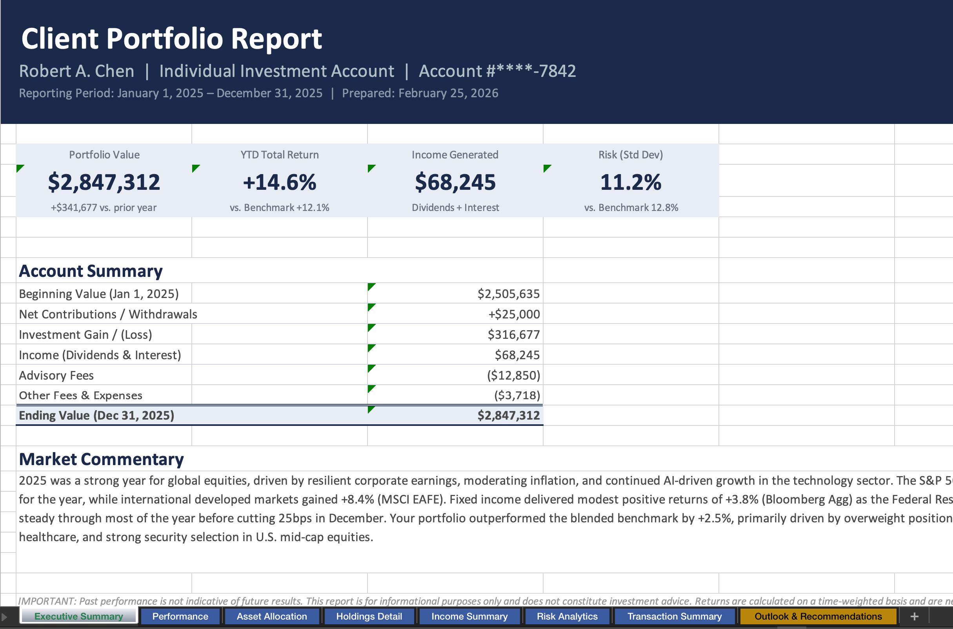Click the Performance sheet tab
[180, 616]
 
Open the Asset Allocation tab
[271, 616]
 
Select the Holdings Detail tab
[369, 616]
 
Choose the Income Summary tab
[469, 616]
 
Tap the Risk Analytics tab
[567, 616]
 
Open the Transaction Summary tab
[674, 616]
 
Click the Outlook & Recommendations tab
[818, 616]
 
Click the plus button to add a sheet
[915, 616]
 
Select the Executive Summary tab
[78, 616]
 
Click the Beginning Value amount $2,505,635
[508, 294]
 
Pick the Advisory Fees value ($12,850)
[513, 375]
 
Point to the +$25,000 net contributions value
[514, 314]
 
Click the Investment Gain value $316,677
[513, 334]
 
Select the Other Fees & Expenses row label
[81, 395]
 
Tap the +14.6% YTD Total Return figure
[280, 182]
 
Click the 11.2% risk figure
[631, 182]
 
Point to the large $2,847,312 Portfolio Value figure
[104, 182]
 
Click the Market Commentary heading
[101, 459]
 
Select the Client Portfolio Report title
[172, 38]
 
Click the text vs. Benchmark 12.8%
[631, 207]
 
